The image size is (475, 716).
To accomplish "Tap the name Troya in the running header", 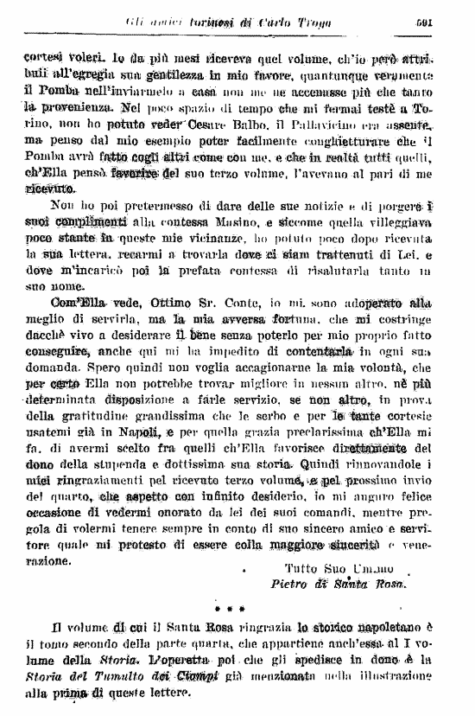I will [300, 22].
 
